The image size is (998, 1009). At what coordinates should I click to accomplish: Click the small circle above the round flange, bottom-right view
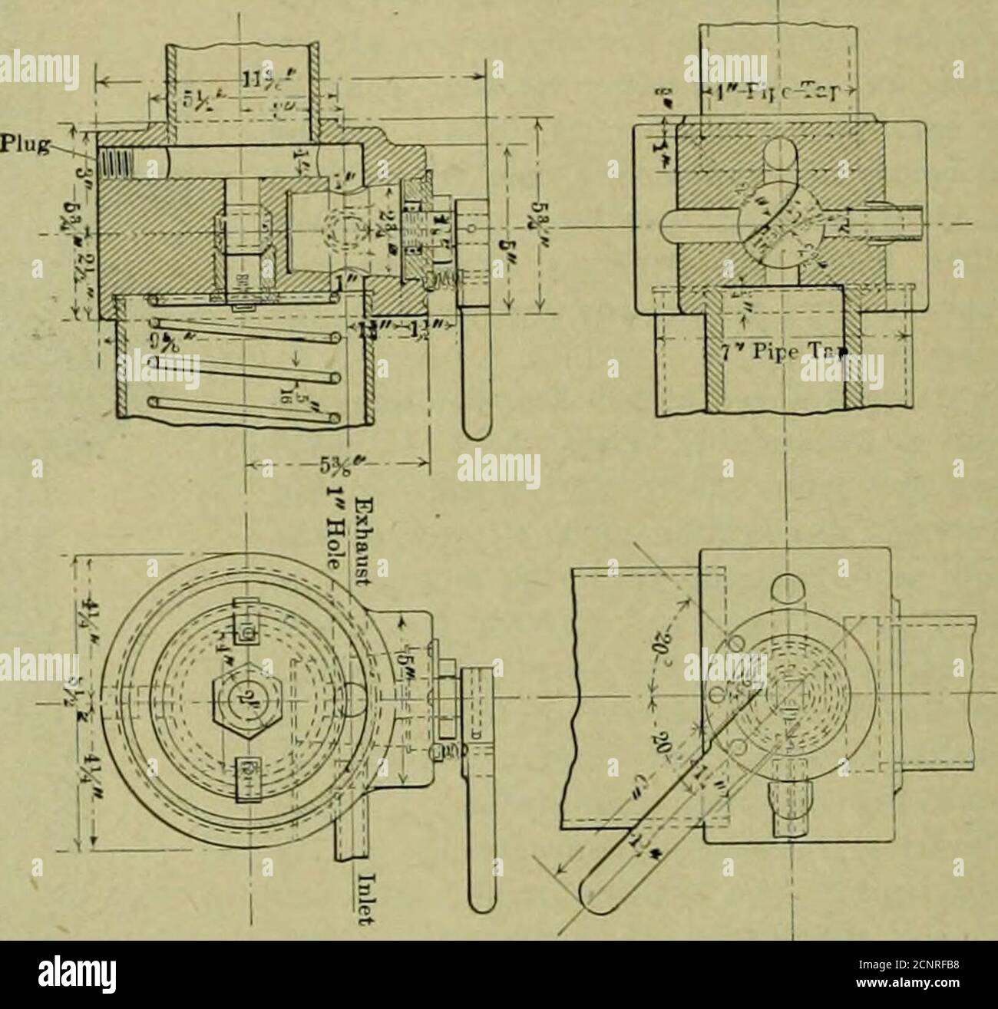(x=789, y=585)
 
